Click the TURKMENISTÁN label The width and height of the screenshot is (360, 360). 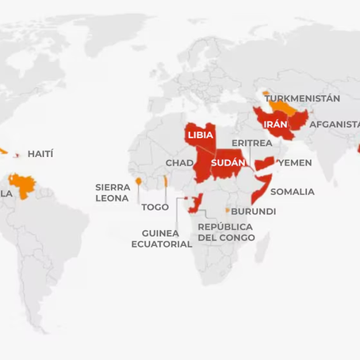302,98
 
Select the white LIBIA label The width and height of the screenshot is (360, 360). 200,135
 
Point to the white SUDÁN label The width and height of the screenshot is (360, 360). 227,162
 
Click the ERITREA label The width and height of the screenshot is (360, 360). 252,143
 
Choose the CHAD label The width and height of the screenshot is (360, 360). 179,163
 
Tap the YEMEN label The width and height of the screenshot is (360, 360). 296,163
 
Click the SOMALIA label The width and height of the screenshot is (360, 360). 292,192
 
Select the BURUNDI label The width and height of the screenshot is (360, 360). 254,212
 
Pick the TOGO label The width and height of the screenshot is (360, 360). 155,207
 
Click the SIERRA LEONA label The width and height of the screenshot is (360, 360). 113,193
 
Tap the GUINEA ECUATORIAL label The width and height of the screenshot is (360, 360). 162,239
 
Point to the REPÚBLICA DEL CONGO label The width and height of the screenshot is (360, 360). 226,232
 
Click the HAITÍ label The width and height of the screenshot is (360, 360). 40,153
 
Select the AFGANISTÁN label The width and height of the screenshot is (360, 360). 334,124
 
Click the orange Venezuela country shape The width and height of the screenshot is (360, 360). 23,189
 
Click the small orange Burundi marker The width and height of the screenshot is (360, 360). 227,210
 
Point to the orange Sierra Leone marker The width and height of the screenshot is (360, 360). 138,181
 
